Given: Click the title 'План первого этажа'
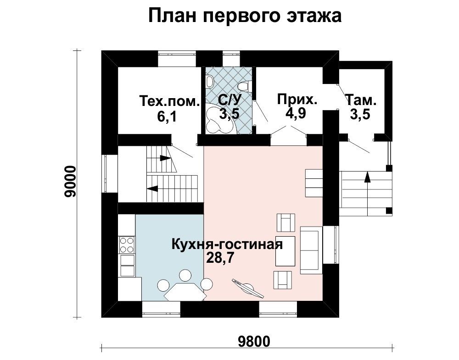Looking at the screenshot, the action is pos(245,16).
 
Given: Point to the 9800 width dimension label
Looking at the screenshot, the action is pos(254,341).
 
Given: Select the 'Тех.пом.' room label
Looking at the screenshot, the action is pos(170,101).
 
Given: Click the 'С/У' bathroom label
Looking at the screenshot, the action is pos(230,100).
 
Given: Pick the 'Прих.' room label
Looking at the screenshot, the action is pos(297,100).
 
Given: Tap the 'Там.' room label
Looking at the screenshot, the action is pos(361,100).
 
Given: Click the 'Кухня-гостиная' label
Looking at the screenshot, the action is pos(227,244).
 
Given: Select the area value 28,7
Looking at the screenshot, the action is pos(220,258).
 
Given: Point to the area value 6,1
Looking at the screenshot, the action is pos(167,116).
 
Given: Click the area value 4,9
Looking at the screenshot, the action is pos(296,113).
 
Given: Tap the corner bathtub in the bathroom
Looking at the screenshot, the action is pos(218,118).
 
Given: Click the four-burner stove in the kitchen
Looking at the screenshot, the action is pos(127,245).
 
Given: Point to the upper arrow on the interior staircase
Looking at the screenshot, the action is pos(165,158).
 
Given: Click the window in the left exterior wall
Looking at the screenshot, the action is pos(106,173).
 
